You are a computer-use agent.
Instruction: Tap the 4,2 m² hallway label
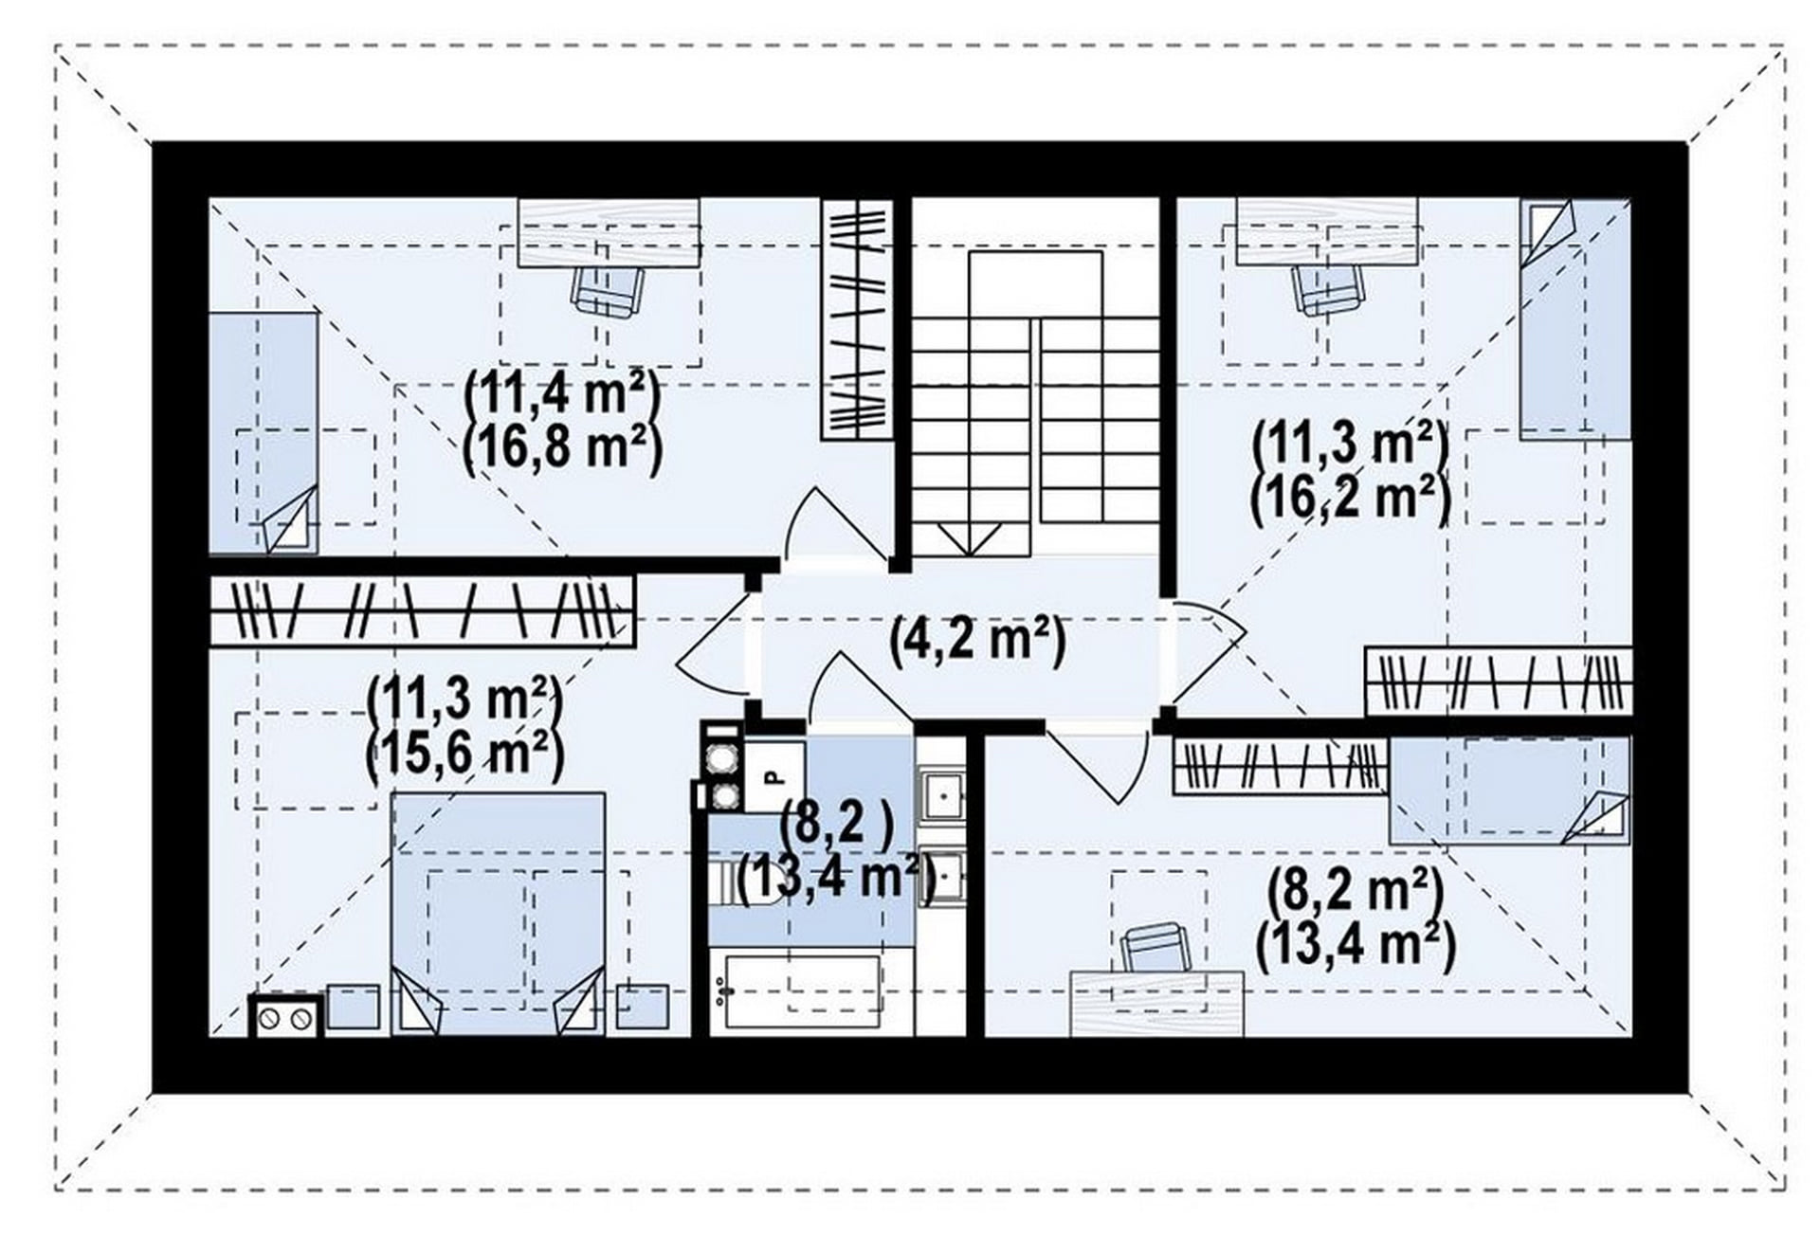pos(977,641)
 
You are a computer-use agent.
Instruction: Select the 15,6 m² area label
pos(464,754)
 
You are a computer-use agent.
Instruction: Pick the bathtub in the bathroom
pos(802,991)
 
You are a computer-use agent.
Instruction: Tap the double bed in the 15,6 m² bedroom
pos(499,914)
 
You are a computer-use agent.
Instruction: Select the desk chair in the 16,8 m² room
pos(608,290)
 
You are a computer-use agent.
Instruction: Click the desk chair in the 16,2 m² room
pos(1329,289)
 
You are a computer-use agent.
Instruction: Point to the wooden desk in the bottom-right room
pos(1156,1003)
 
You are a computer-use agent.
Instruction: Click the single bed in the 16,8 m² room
pos(264,432)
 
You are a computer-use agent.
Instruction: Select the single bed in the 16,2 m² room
pos(1574,318)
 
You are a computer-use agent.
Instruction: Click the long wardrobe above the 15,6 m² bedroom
pos(422,611)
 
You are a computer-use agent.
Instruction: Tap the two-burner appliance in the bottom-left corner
pos(286,1016)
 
